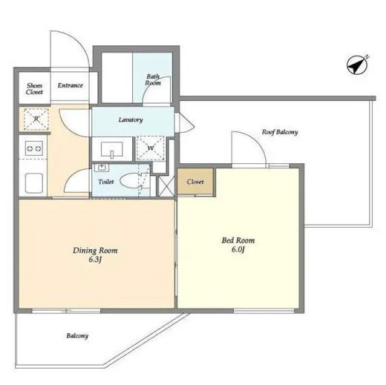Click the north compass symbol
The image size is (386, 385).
358,65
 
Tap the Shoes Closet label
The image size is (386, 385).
34,89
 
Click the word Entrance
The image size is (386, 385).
71,85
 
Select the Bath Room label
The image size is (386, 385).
153,79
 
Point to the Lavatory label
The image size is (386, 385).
131,120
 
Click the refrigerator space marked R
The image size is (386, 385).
36,119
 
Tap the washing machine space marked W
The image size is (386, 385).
150,148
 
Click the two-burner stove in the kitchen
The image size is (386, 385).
34,148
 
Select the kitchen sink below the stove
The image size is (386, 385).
34,183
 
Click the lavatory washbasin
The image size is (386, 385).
112,149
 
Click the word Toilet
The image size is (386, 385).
106,182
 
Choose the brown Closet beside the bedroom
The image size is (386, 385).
195,181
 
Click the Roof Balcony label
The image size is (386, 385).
280,132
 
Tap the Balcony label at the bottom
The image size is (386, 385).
77,336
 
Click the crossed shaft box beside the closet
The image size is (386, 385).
166,186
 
